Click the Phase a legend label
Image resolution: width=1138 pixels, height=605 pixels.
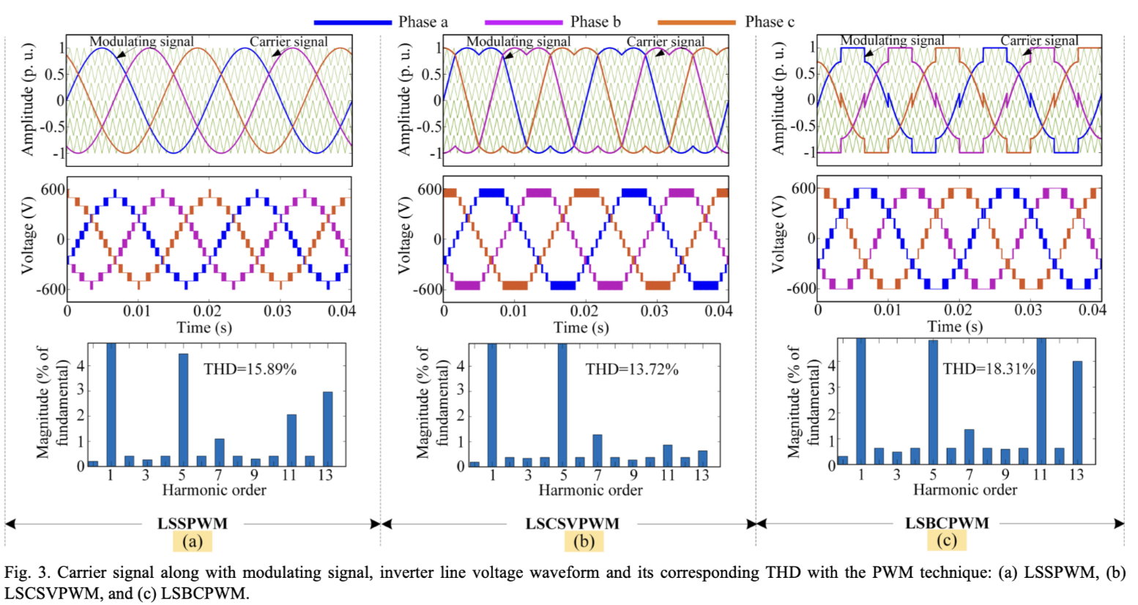coord(423,22)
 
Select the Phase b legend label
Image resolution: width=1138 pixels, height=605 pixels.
coord(595,22)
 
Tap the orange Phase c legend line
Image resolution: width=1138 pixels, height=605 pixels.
coord(696,22)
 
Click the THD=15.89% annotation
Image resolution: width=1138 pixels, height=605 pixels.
coord(250,369)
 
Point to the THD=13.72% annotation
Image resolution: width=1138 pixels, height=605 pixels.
coord(631,369)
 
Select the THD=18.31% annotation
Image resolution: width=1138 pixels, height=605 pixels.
coord(989,368)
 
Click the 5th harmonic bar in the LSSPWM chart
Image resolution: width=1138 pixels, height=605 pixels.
coord(183,409)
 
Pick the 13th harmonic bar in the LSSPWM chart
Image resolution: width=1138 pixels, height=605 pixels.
coord(327,428)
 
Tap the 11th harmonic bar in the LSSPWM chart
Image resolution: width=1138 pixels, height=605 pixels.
coord(291,439)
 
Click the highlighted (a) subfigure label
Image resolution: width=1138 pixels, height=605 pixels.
coord(193,541)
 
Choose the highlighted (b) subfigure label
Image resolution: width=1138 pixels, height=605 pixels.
coord(584,541)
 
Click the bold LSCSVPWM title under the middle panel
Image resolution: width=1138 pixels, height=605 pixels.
coord(572,524)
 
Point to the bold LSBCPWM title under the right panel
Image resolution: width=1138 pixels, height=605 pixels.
coord(947,523)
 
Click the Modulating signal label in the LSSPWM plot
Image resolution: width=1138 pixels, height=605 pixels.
coord(141,42)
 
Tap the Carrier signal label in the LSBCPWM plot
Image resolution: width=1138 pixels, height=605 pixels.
coord(1039,40)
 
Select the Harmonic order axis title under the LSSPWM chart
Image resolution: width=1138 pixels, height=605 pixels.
coord(214,489)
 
